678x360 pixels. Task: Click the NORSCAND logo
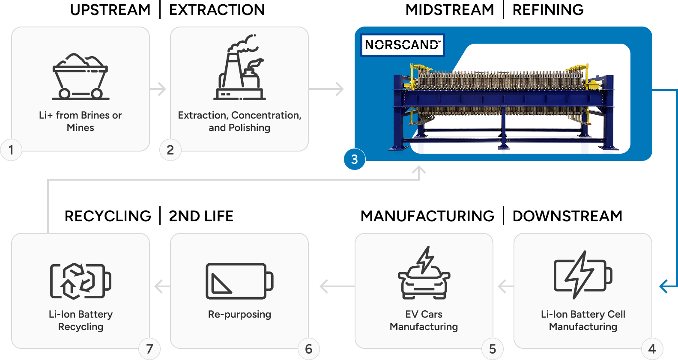pos(402,45)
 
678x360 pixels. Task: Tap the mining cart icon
pos(80,77)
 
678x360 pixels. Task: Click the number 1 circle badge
pos(11,150)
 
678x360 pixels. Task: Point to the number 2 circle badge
pos(170,150)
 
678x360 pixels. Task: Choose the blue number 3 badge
pos(354,159)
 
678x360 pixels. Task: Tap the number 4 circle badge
pos(652,349)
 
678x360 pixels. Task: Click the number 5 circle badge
pos(493,349)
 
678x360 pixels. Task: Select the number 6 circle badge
pos(308,349)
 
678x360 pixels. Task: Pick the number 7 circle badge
pos(149,349)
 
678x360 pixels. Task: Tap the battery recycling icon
pos(81,281)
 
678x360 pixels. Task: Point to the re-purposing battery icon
pos(239,281)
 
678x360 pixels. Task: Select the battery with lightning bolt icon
pos(583,275)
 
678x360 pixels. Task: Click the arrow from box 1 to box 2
pos(158,89)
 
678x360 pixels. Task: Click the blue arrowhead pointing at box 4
pos(665,286)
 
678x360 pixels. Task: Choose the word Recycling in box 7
pos(81,327)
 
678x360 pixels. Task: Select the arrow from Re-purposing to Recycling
pos(161,286)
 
